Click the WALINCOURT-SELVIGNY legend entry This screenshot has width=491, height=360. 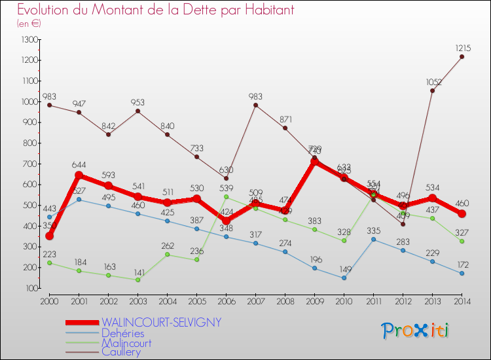tap(161, 322)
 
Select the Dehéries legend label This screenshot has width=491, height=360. tap(122, 333)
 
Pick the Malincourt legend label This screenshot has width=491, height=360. tap(126, 342)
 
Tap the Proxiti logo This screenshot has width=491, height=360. tap(416, 331)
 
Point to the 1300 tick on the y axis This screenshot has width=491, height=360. tap(30, 39)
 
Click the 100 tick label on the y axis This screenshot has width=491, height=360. tap(31, 288)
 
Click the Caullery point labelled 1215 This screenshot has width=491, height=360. tap(462, 56)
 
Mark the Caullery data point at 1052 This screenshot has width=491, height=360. tap(432, 90)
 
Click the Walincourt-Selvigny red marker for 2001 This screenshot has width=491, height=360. tap(79, 175)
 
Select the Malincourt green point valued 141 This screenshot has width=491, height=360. tap(137, 279)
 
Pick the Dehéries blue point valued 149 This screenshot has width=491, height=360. tap(344, 278)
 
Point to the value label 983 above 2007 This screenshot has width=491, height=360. tap(255, 96)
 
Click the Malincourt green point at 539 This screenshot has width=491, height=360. tap(226, 196)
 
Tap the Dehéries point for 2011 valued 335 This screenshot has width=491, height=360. tap(373, 239)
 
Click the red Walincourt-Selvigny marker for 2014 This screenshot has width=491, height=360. tap(462, 213)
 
